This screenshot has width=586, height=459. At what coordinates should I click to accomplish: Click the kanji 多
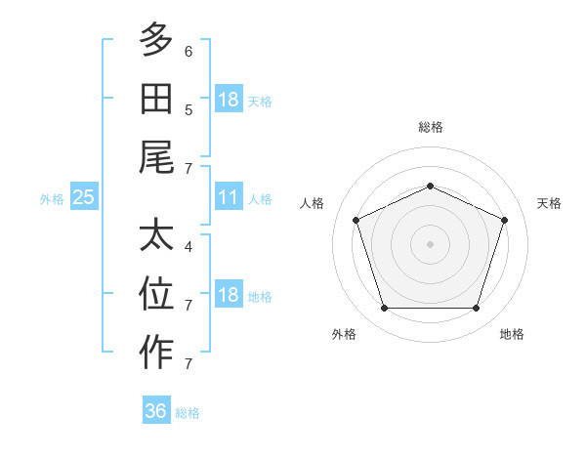click(156, 39)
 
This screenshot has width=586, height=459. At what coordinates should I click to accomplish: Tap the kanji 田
click(156, 99)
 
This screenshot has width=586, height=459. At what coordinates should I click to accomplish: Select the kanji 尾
click(156, 157)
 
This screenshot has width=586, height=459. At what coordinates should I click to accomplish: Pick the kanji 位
click(156, 293)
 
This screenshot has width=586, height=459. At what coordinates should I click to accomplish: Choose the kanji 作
click(156, 352)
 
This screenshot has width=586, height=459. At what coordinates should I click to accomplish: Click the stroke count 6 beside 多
click(188, 52)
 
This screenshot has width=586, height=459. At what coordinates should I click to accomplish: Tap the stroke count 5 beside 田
click(188, 110)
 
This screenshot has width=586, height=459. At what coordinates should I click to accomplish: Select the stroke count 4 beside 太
click(188, 247)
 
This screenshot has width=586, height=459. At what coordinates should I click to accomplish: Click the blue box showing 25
click(84, 196)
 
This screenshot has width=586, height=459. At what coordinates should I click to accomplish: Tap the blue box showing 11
click(229, 196)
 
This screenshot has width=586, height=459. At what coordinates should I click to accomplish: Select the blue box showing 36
click(156, 409)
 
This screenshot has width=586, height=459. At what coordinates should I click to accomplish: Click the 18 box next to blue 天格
click(229, 99)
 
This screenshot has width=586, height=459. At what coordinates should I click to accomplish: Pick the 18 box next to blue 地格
click(229, 293)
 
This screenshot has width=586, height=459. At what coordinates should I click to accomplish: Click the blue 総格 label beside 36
click(188, 413)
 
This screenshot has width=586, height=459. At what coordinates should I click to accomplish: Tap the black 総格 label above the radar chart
click(431, 127)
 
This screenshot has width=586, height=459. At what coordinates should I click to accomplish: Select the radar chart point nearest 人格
click(356, 220)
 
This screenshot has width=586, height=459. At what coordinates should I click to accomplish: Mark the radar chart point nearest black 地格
click(476, 309)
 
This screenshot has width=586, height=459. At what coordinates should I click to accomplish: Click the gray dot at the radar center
click(430, 244)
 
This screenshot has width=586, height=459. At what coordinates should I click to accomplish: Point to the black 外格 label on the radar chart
click(344, 334)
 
